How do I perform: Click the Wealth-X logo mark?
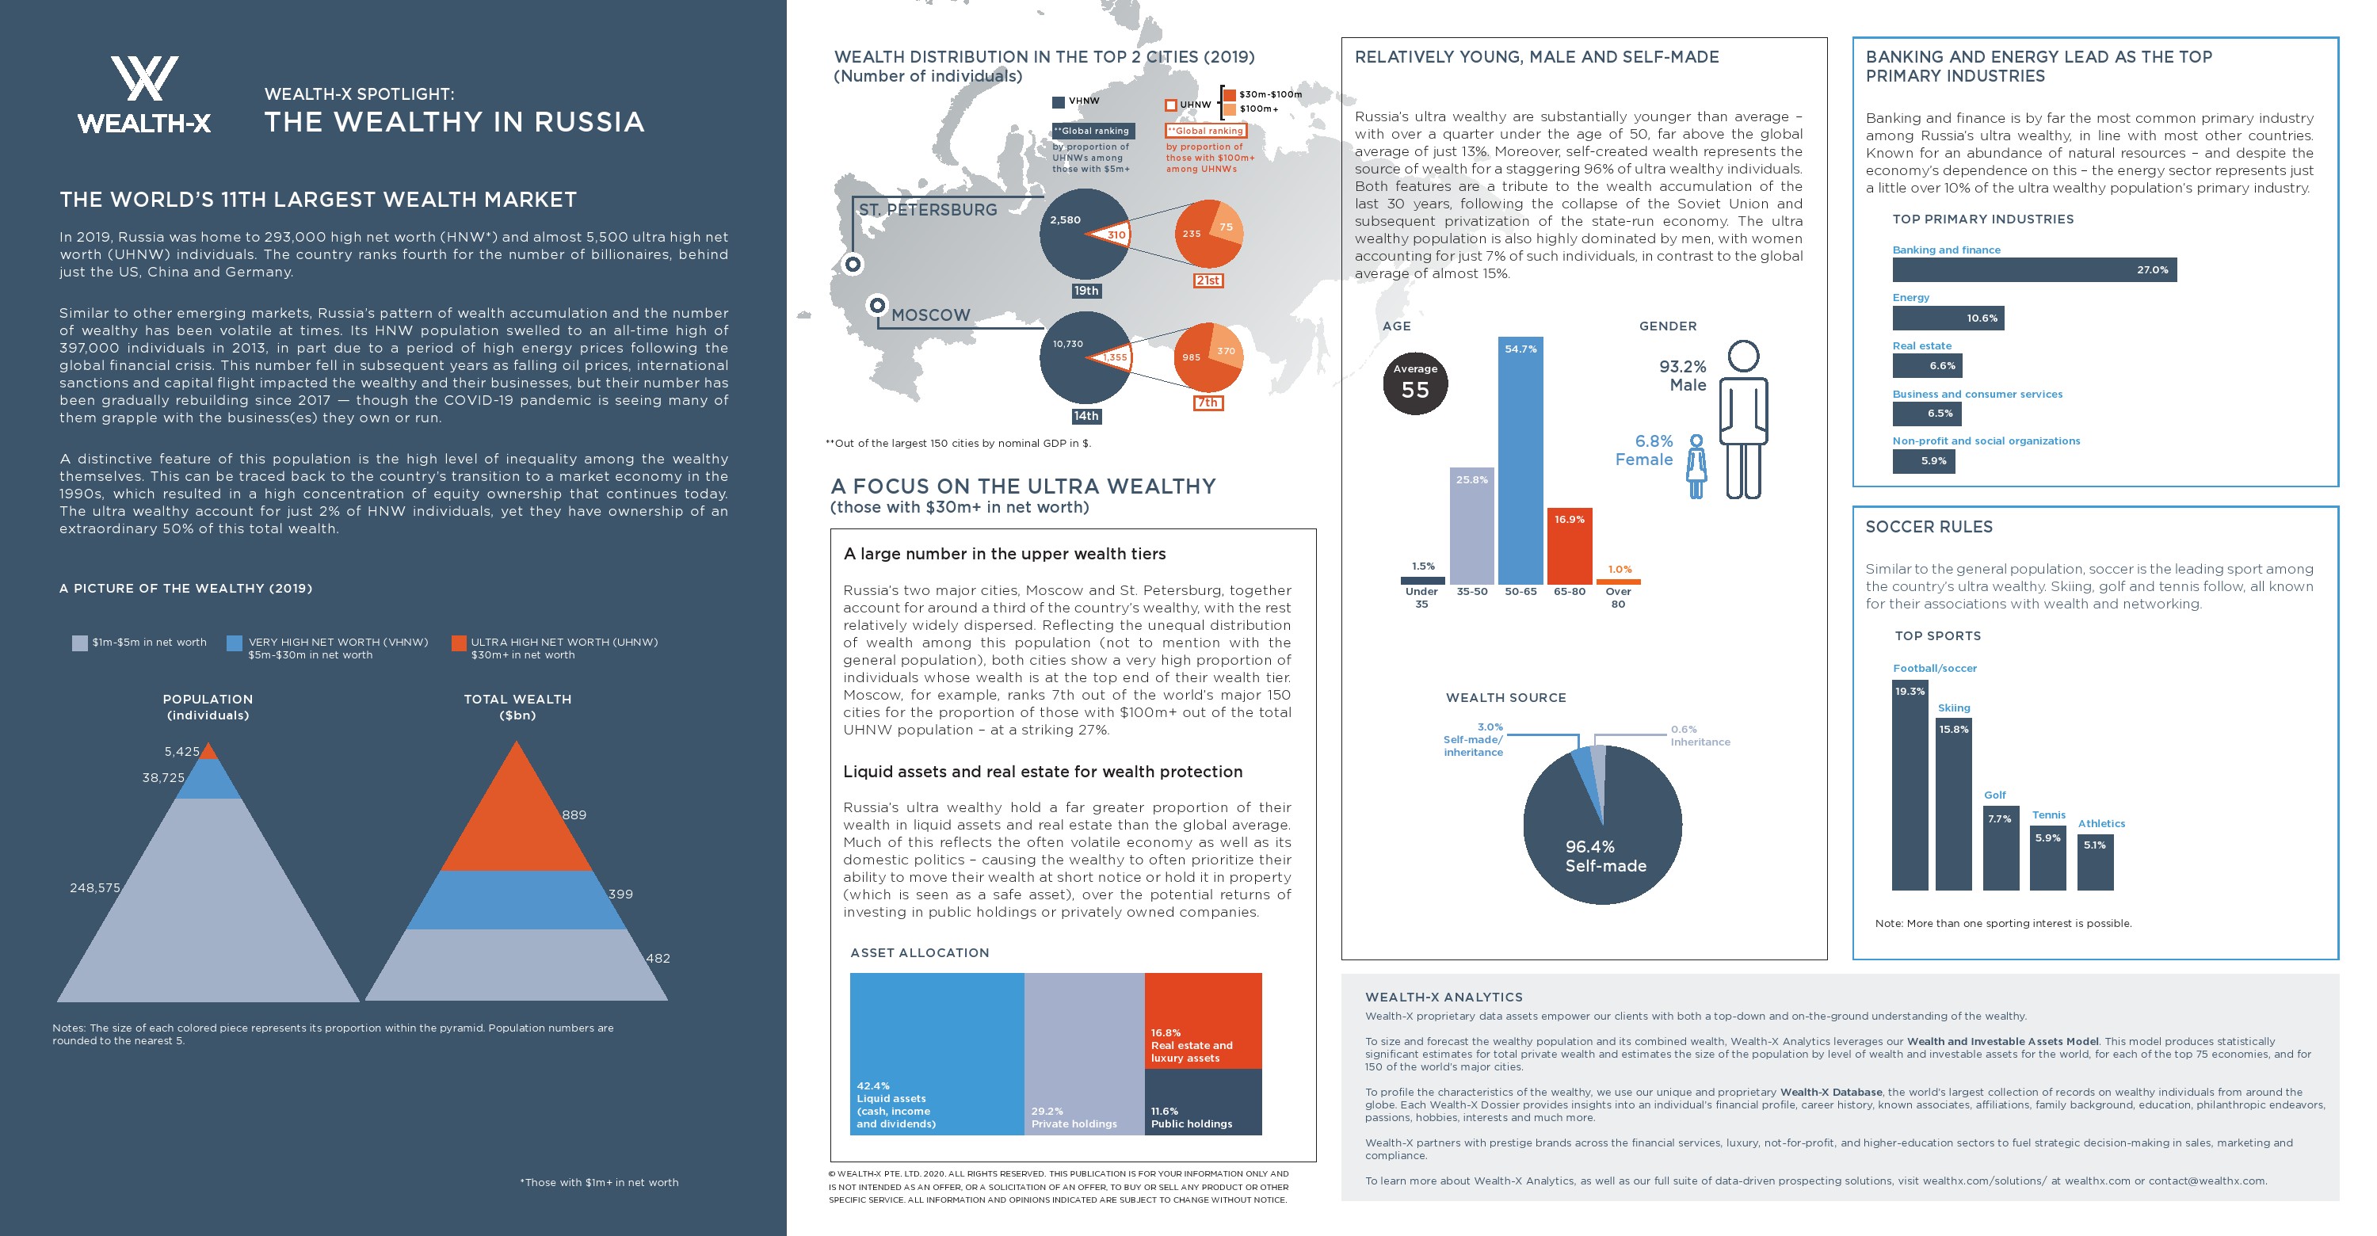point(144,78)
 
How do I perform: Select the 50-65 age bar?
point(1520,461)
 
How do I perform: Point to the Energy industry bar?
point(1947,319)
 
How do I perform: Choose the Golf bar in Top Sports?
point(2001,849)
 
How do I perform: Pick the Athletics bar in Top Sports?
point(2095,863)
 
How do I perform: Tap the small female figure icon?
point(1696,467)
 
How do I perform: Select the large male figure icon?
point(1743,420)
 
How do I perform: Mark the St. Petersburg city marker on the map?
point(853,264)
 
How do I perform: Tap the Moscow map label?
point(930,315)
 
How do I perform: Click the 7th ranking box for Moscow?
point(1208,403)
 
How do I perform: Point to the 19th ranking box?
point(1086,291)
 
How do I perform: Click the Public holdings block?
point(1202,1101)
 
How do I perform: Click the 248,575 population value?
point(95,888)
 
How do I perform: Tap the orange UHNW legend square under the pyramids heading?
point(459,643)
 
